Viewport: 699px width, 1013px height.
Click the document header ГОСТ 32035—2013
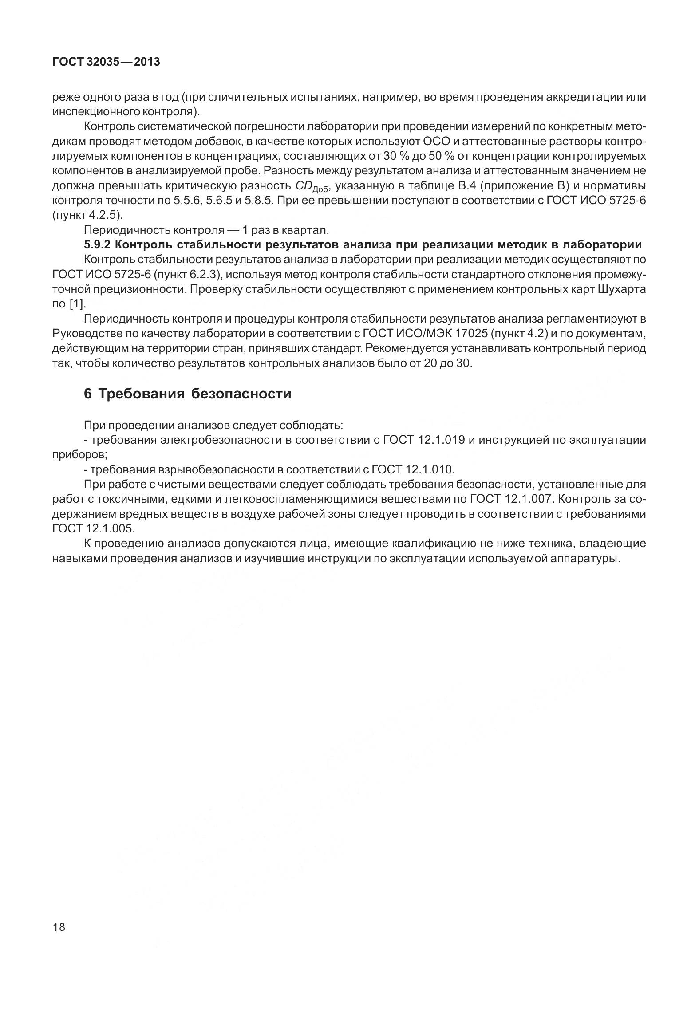[x=106, y=62]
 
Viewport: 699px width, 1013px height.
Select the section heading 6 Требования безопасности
[x=187, y=394]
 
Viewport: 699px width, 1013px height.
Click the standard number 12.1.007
[x=529, y=499]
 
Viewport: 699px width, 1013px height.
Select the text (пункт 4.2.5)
[x=87, y=215]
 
